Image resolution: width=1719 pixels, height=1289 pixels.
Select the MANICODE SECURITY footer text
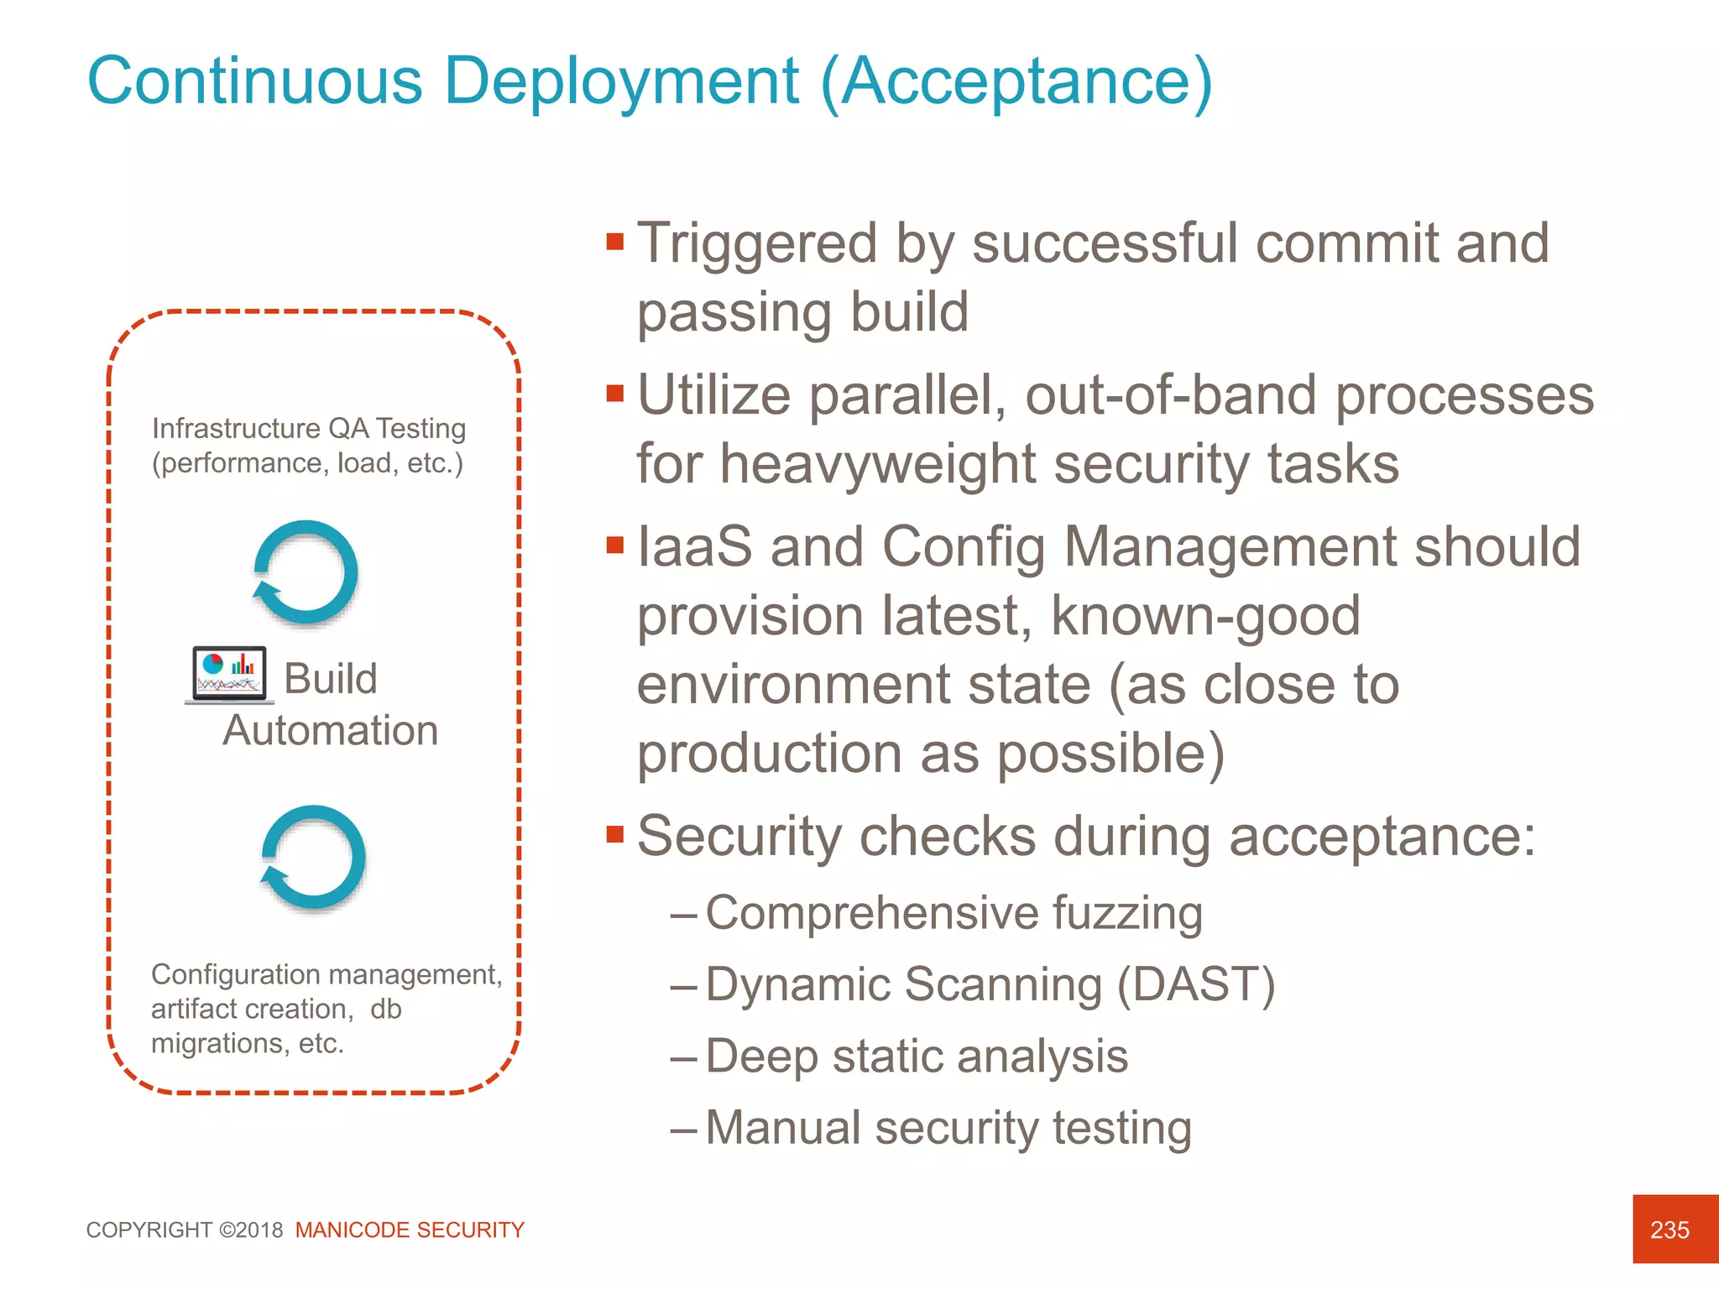[410, 1230]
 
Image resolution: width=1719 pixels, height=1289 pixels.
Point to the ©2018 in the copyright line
[251, 1230]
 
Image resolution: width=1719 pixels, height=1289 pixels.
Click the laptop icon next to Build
[229, 675]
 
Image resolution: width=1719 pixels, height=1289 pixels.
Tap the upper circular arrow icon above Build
[306, 573]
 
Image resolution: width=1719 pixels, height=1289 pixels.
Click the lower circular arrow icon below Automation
[313, 858]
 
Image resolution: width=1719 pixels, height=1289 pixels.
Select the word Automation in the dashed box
[330, 730]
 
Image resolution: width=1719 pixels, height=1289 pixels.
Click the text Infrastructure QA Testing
[308, 428]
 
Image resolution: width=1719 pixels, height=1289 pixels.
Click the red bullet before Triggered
[615, 243]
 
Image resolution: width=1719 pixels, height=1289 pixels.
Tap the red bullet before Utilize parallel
[615, 394]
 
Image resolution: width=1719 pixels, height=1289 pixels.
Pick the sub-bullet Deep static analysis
[917, 1056]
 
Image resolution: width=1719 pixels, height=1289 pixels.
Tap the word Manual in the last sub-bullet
[783, 1127]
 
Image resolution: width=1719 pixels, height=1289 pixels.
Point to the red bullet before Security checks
[615, 835]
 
